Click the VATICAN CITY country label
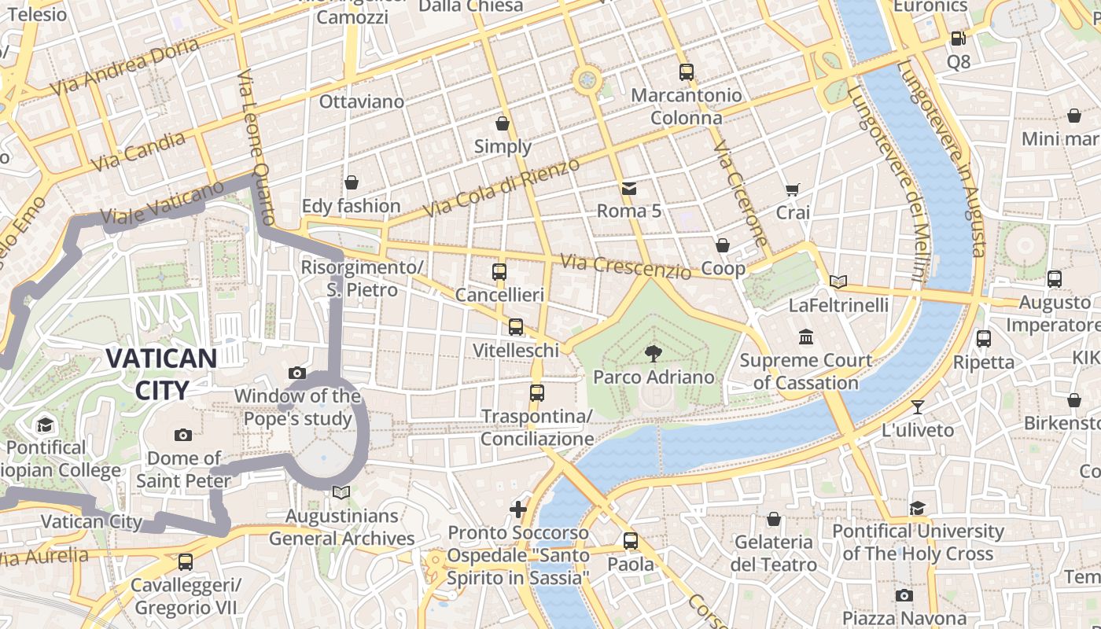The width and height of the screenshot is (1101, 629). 161,374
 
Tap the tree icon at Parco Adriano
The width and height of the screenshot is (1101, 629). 653,353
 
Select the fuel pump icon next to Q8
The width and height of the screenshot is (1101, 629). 958,38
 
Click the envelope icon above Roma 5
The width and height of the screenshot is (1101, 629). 628,188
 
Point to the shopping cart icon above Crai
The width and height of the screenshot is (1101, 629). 792,189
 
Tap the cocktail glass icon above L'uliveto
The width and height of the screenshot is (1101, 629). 917,407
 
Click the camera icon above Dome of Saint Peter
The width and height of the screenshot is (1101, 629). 182,435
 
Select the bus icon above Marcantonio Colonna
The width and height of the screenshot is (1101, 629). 686,72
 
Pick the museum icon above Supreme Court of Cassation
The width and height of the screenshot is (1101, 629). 805,337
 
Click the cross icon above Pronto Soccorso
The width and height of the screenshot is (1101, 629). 518,509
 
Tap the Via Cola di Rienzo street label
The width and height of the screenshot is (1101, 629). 501,188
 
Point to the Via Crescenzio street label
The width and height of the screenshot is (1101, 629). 626,267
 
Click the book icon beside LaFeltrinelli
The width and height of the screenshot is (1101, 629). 838,281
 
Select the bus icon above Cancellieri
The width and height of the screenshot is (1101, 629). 499,272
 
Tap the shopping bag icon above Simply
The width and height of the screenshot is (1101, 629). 503,123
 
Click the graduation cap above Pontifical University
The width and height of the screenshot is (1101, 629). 917,508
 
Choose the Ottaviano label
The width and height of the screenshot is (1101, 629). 361,101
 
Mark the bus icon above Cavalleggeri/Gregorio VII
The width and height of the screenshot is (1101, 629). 186,562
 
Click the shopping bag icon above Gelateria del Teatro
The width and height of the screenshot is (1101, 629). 774,519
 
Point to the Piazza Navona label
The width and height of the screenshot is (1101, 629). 904,618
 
